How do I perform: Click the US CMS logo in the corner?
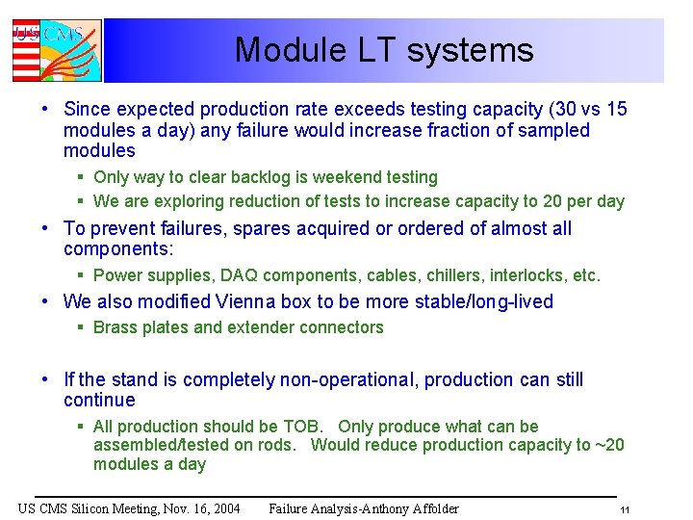(56, 50)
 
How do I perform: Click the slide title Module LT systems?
(383, 50)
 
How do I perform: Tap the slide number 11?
(625, 509)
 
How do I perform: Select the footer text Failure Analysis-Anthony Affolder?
(364, 508)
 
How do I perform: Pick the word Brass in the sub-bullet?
(115, 327)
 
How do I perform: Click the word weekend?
(346, 177)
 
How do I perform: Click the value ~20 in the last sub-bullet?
(609, 445)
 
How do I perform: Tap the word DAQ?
(229, 275)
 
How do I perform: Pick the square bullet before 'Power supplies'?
(82, 275)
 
